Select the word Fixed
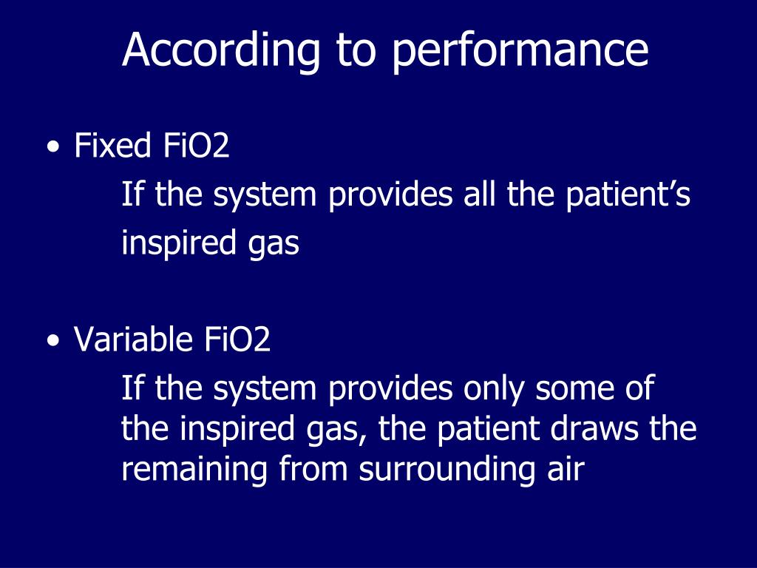(x=112, y=146)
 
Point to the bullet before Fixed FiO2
(x=52, y=148)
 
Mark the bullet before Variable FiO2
(x=52, y=342)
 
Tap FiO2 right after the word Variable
(x=235, y=340)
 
